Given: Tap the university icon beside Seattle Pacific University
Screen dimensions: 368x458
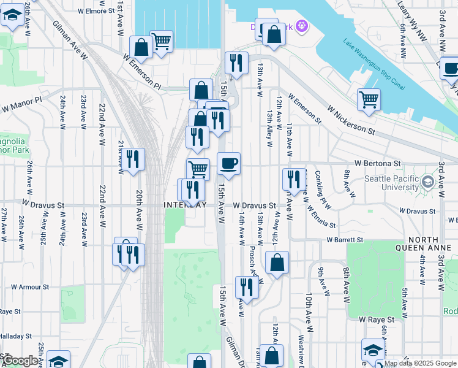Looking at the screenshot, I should pos(427,182).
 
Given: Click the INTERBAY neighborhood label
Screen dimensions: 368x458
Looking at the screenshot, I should pos(185,204).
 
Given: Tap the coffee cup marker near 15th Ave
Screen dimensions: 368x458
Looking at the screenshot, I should pos(228,164).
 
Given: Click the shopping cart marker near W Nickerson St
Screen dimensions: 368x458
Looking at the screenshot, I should pos(369,99).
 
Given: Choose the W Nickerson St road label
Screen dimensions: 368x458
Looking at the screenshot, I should pos(351,120).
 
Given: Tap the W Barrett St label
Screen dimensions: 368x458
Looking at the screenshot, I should pos(345,240).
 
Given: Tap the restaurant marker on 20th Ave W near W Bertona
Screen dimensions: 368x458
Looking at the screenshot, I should pos(132,159).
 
